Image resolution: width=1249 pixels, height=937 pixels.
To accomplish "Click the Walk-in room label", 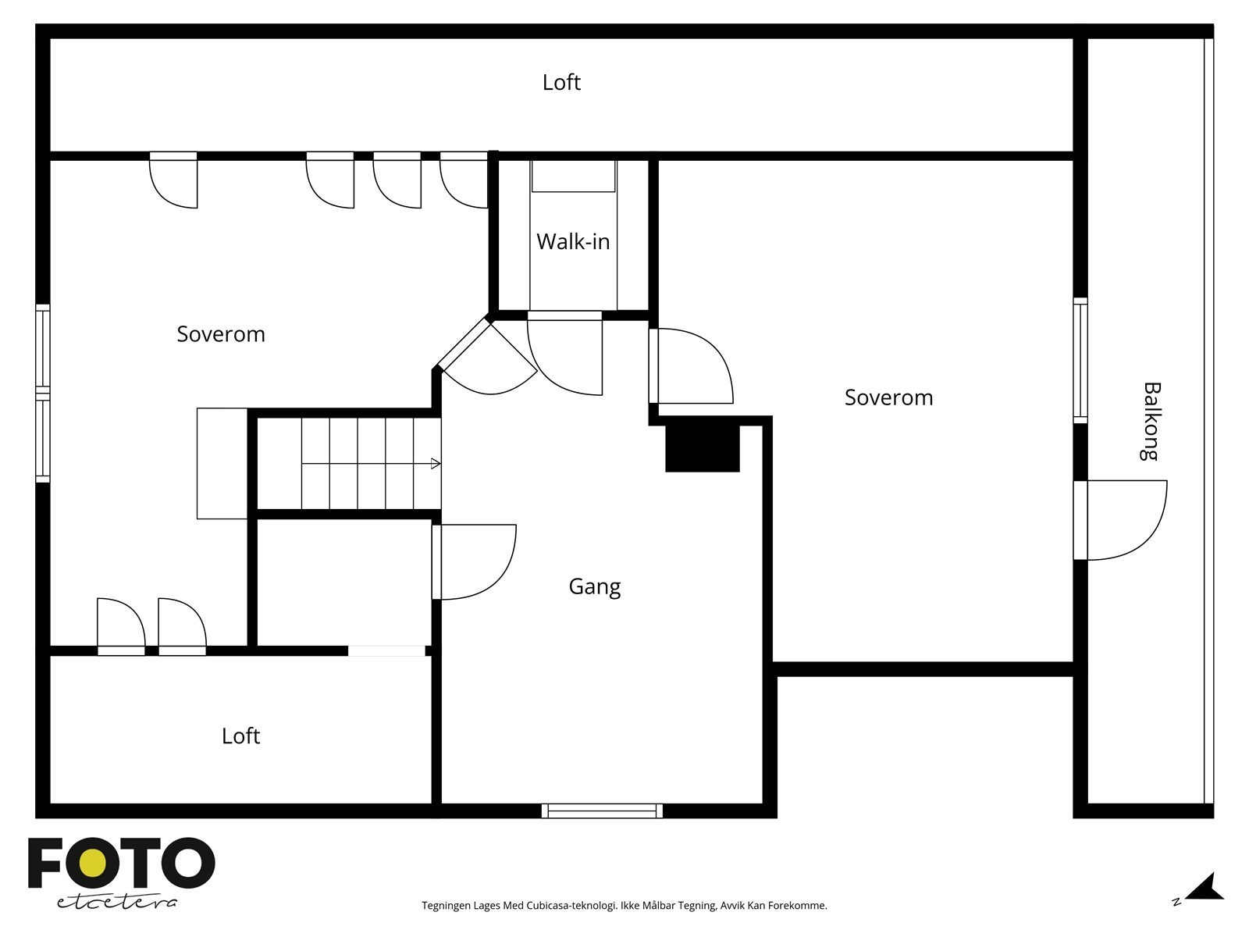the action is click(x=572, y=242).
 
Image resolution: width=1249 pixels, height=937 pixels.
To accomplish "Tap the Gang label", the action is click(x=595, y=586).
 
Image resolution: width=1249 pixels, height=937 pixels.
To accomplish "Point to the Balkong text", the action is click(x=1151, y=421).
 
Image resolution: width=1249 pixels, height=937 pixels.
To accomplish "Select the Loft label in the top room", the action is click(x=561, y=83).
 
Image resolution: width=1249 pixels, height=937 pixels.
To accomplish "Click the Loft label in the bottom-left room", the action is click(x=240, y=736).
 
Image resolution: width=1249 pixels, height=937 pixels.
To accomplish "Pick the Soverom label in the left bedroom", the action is click(x=221, y=334).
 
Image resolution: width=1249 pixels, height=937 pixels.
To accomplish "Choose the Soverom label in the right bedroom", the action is click(x=888, y=397).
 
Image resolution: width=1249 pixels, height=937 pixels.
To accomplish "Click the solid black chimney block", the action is click(x=702, y=448).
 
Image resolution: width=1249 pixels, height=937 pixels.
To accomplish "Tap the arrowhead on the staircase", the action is click(x=436, y=464).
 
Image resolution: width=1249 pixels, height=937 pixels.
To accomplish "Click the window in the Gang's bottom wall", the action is click(x=602, y=811).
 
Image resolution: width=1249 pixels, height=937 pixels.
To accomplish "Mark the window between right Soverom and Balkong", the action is click(x=1080, y=360).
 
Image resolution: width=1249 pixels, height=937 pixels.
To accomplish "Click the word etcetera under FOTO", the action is click(x=116, y=903).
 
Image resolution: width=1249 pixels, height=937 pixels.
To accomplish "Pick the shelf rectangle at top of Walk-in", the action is click(x=574, y=176).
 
